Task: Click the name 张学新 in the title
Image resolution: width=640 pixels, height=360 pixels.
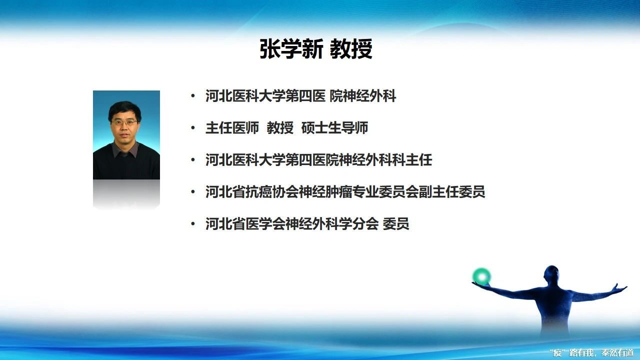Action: tap(291, 49)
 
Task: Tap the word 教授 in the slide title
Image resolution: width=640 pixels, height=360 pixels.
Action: tap(351, 49)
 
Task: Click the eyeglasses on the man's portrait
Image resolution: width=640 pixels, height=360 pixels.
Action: tap(124, 123)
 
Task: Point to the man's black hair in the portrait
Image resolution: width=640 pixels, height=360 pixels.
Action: tap(124, 110)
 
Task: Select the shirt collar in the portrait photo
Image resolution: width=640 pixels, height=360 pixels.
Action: tap(125, 149)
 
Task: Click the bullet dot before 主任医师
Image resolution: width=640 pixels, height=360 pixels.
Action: tap(193, 127)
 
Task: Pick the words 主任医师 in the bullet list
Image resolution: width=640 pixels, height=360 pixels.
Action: tap(232, 127)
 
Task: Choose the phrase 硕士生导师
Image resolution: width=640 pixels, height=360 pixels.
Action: tap(334, 127)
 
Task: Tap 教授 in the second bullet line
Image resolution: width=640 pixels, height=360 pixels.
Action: tap(280, 127)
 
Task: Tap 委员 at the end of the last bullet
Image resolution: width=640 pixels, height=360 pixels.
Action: tap(395, 223)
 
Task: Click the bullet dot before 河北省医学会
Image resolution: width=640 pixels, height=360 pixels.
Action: tap(193, 223)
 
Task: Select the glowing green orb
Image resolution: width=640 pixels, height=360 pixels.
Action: tap(481, 276)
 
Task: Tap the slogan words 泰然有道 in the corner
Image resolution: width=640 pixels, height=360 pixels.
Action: tap(617, 353)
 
